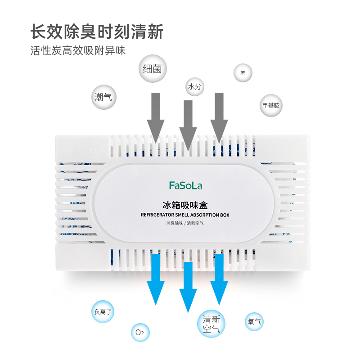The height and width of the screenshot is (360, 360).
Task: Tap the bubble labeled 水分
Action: pyautogui.click(x=195, y=86)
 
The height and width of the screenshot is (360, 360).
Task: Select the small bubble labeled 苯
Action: pyautogui.click(x=243, y=73)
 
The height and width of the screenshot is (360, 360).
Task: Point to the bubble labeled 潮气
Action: pyautogui.click(x=104, y=96)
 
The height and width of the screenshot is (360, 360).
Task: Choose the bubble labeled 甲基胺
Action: pyautogui.click(x=271, y=106)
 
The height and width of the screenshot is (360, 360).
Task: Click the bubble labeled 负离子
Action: pyautogui.click(x=103, y=312)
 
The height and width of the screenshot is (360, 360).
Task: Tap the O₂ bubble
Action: pyautogui.click(x=139, y=333)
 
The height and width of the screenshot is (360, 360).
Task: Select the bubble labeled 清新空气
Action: pyautogui.click(x=211, y=324)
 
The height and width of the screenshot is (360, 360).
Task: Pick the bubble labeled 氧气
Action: pyautogui.click(x=254, y=322)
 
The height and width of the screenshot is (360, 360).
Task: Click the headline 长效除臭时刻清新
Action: pyautogui.click(x=96, y=32)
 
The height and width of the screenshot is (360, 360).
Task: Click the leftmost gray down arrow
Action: pyautogui.click(x=156, y=117)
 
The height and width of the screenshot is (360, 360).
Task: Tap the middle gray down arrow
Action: pyautogui.click(x=188, y=124)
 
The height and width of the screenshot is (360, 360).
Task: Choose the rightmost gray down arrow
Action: pyautogui.click(x=220, y=117)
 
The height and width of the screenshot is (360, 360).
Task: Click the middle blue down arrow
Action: pyautogui.click(x=188, y=288)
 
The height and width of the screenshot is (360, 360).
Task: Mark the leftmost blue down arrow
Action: pyautogui.click(x=156, y=279)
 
